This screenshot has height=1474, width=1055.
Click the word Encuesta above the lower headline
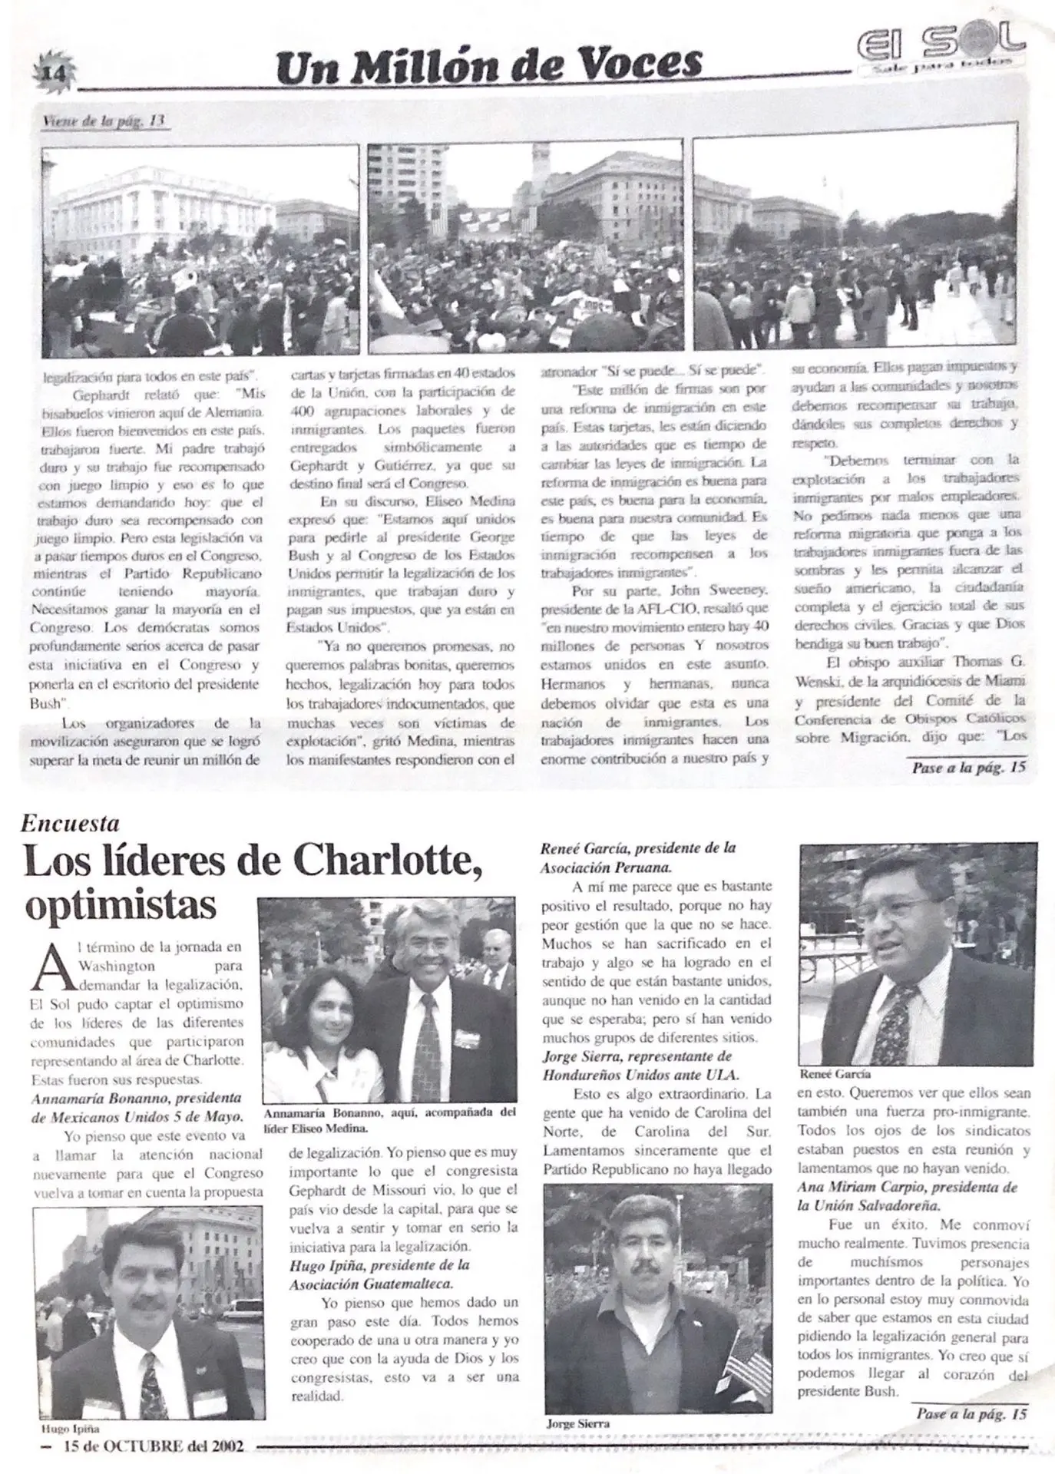[70, 824]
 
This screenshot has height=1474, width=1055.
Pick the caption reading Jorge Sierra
[577, 1423]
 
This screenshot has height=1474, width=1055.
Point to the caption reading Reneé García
[835, 1074]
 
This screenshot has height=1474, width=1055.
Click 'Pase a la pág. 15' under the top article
[968, 767]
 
